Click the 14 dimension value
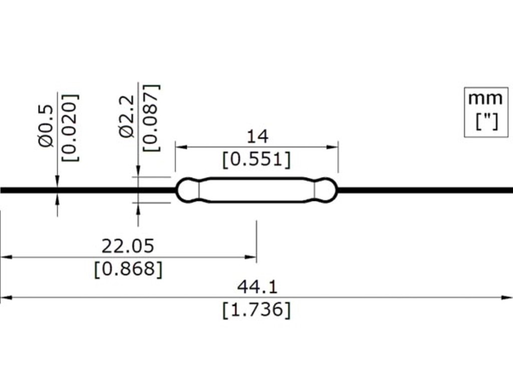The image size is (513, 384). point(257,136)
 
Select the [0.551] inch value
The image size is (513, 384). point(256,160)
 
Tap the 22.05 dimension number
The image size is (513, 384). point(128,246)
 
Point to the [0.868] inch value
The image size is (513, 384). point(128,269)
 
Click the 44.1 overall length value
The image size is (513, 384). point(257,287)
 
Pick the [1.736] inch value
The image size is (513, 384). point(256,309)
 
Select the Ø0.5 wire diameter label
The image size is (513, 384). point(46,125)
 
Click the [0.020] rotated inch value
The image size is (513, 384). point(71,127)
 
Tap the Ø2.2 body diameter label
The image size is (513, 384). point(127,116)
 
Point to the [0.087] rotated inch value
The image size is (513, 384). point(152,118)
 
